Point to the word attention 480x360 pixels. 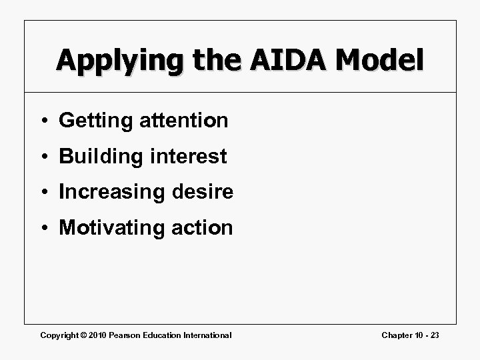click(185, 121)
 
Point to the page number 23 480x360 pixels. click(434, 335)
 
